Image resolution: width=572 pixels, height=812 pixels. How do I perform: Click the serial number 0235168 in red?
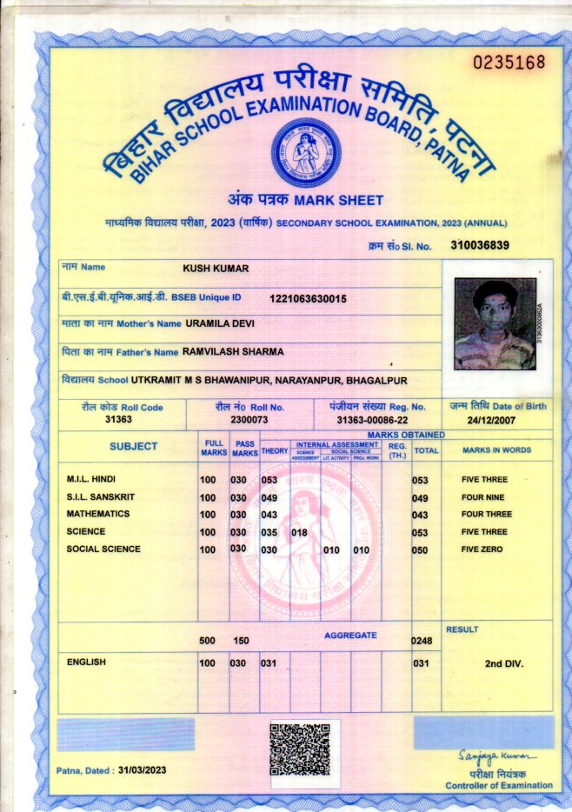(509, 62)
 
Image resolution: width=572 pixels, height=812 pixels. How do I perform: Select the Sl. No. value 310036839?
(480, 245)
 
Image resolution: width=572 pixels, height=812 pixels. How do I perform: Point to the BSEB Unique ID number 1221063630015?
(308, 298)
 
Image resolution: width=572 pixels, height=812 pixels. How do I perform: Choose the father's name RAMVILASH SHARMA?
(233, 352)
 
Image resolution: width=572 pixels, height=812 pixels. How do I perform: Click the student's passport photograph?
(496, 323)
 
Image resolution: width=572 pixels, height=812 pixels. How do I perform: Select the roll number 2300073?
(249, 419)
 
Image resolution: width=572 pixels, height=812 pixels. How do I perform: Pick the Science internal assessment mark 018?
(300, 533)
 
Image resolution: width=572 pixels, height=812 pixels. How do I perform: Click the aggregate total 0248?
(422, 641)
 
